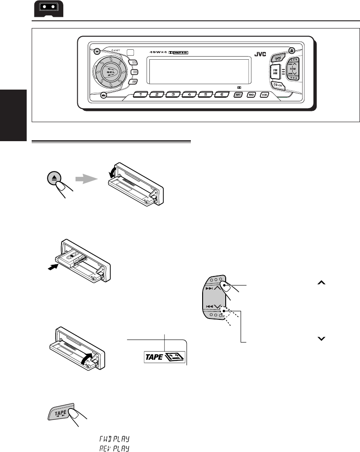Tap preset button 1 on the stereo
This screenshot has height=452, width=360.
point(141,95)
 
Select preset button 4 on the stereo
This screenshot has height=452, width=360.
point(189,95)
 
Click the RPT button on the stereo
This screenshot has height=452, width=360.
point(238,95)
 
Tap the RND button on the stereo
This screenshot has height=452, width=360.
point(251,95)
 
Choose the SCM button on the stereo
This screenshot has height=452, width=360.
point(264,95)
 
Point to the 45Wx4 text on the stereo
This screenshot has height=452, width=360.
point(158,52)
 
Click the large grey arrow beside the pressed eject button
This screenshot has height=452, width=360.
point(86,179)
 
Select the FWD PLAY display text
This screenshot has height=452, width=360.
point(113,438)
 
